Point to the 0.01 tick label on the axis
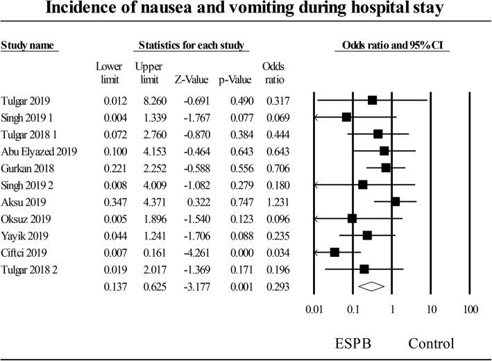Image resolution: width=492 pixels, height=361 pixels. pos(315,308)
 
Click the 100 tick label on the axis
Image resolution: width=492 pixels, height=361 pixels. pos(470,308)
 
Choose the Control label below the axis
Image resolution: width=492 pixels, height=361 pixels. pos(431,343)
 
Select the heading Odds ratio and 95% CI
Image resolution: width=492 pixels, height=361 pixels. pos(392,47)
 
